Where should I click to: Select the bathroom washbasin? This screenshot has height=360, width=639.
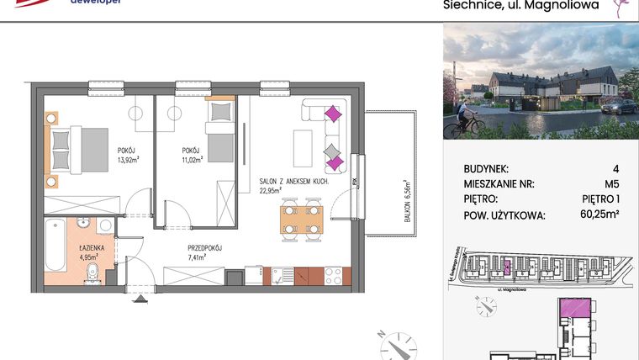[83, 225]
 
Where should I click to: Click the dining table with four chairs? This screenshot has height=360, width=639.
[300, 218]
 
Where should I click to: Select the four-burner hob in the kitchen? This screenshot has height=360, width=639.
[332, 274]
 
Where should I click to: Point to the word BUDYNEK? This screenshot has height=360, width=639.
[486, 169]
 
